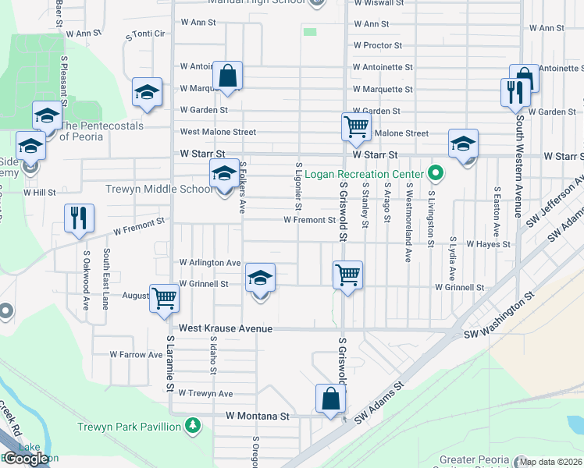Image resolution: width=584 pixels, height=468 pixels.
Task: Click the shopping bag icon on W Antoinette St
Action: point(227,77)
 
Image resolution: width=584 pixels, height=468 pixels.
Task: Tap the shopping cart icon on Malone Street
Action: point(356,126)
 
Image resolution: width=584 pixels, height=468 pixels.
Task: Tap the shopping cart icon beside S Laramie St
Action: point(164,298)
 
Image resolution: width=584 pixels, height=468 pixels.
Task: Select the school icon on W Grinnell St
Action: point(261,278)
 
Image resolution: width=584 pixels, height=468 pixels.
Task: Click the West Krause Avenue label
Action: point(226,329)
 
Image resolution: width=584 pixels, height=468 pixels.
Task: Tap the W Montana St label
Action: point(258,417)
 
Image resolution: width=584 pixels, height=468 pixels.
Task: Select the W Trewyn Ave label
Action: point(205,394)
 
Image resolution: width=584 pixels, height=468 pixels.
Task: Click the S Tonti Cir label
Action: point(145,34)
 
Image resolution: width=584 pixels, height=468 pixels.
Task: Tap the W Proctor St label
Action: point(376,46)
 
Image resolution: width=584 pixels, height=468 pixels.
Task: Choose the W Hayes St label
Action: point(488,244)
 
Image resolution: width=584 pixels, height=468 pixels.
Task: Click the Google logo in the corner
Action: point(26,459)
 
